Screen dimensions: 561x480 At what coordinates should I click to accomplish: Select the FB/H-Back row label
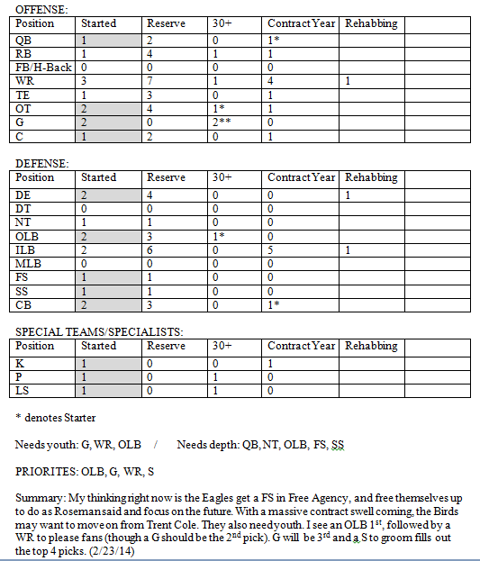coord(43,68)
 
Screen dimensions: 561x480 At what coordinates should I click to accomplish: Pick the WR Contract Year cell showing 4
coord(271,81)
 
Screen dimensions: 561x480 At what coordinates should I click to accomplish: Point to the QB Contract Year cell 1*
coord(273,41)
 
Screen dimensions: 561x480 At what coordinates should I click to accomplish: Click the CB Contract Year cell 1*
coord(273,304)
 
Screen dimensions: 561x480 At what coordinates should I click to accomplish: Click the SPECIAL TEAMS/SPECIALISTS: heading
coord(99,332)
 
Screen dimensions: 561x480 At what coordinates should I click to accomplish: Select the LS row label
coord(23,391)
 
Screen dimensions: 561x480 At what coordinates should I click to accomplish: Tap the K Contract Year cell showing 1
coord(271,363)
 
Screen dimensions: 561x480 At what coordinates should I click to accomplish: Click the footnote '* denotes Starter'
coord(55,418)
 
